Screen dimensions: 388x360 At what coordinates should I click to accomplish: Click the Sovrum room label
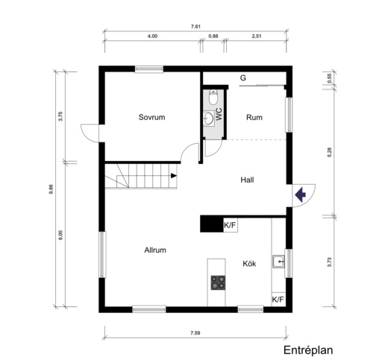tap(151, 117)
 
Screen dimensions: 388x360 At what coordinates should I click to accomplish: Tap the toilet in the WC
tap(213, 97)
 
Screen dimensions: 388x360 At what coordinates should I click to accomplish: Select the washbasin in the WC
tap(209, 118)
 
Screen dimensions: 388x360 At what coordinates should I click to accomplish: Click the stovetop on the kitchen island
tap(218, 282)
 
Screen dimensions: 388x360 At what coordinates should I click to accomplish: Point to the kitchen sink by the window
tap(278, 262)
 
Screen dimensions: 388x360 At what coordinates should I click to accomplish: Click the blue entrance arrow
tap(300, 195)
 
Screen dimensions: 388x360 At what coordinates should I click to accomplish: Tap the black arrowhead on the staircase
tap(174, 176)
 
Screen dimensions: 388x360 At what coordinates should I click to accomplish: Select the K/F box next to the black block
tap(231, 225)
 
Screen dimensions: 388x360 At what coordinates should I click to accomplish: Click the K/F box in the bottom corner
tap(278, 299)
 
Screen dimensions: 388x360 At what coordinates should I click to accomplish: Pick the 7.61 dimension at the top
tap(195, 27)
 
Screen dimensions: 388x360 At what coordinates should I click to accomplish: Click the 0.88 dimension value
tap(213, 36)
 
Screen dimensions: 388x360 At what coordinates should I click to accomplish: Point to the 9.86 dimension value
tap(51, 189)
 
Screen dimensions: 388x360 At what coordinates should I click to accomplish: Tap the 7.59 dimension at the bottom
tap(195, 332)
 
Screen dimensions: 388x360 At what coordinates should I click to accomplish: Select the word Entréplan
tap(308, 350)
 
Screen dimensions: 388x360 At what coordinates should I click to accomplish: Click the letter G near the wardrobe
tap(243, 78)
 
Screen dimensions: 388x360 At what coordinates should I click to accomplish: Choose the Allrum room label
tap(155, 250)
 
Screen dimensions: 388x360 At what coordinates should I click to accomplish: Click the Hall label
tap(247, 180)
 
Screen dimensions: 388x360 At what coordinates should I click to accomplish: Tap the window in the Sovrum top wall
tap(149, 69)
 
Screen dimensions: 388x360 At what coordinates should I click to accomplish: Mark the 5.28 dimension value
tap(330, 152)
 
